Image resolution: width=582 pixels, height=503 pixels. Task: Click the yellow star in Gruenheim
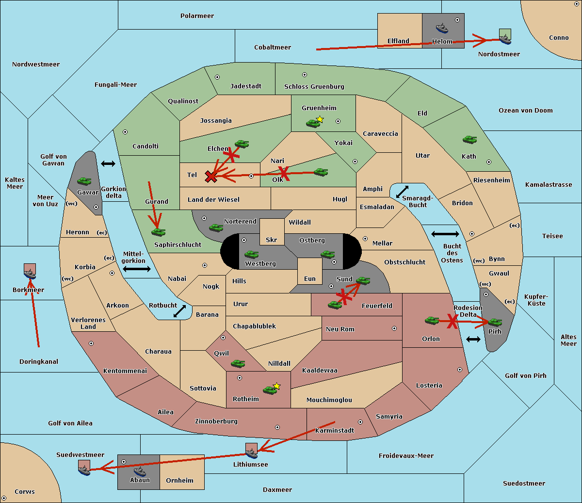(x=320, y=119)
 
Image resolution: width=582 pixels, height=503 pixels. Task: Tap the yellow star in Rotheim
(x=276, y=386)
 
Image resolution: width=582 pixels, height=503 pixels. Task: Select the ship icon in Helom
(x=442, y=28)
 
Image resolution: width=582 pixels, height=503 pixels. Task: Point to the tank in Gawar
(x=84, y=181)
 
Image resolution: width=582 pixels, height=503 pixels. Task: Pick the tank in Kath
(x=469, y=140)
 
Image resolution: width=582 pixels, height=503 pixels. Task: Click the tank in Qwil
(x=238, y=363)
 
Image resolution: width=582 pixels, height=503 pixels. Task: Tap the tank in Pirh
(x=495, y=322)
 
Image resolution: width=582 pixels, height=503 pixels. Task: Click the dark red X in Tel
(x=210, y=177)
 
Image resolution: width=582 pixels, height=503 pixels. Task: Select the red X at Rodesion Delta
(x=453, y=321)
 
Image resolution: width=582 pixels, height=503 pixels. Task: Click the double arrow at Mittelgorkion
(x=137, y=269)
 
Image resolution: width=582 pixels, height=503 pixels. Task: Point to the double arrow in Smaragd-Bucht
(x=402, y=192)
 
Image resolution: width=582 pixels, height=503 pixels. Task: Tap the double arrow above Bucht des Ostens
(x=445, y=234)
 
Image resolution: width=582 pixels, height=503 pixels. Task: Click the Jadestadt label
(x=245, y=86)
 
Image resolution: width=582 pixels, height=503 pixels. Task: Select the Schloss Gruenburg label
(x=314, y=86)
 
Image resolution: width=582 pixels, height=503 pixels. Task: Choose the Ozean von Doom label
(x=525, y=110)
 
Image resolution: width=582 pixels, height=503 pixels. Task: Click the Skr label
(x=271, y=240)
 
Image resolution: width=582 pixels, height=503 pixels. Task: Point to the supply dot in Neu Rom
(x=394, y=328)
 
